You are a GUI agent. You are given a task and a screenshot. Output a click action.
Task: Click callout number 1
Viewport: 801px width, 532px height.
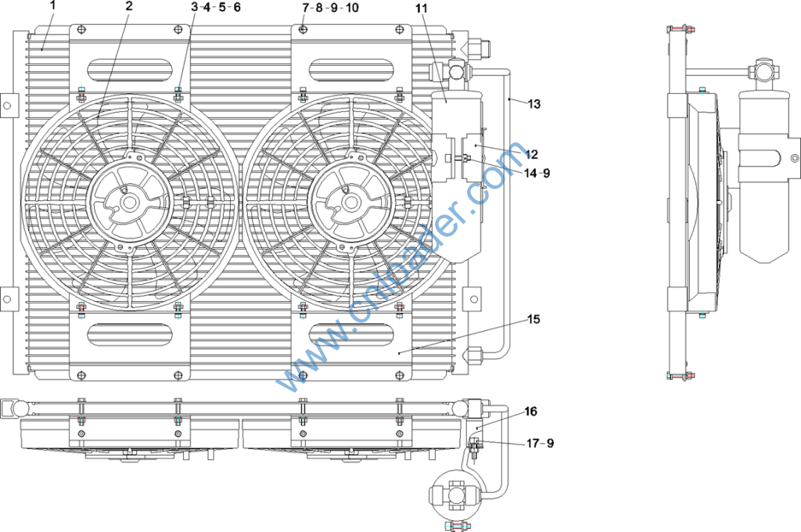click(x=52, y=6)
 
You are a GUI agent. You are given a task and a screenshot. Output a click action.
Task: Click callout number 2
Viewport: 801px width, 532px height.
click(x=129, y=6)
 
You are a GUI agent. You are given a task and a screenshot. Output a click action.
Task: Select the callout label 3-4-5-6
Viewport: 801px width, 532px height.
click(x=216, y=7)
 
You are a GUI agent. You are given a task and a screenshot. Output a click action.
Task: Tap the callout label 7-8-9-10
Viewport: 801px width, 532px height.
click(x=331, y=8)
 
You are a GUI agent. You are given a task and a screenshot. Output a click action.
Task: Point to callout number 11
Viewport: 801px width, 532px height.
click(x=422, y=8)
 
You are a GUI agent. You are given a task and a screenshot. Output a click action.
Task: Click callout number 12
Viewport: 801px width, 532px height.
click(x=531, y=154)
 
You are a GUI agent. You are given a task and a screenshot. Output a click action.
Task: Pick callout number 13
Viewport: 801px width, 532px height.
click(x=533, y=104)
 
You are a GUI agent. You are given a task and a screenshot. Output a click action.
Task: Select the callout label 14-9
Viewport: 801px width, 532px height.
click(x=537, y=173)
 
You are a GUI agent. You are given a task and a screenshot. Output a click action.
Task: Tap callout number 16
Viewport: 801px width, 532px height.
click(x=531, y=412)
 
